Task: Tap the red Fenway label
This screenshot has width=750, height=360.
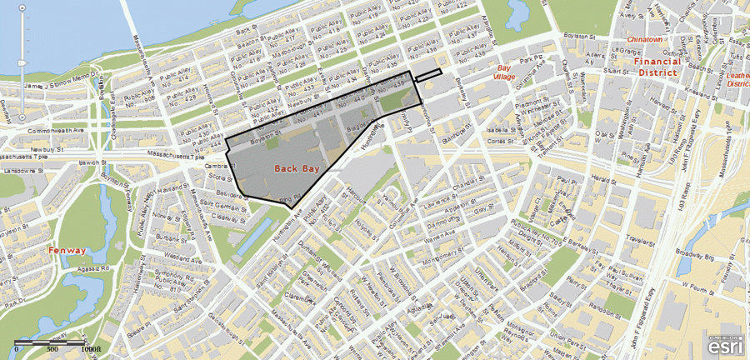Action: click(67, 250)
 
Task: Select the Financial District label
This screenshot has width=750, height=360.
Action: click(657, 67)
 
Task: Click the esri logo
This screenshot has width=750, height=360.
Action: click(726, 345)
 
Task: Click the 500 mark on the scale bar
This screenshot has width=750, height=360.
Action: click(52, 349)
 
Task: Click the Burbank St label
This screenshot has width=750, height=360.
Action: click(172, 237)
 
